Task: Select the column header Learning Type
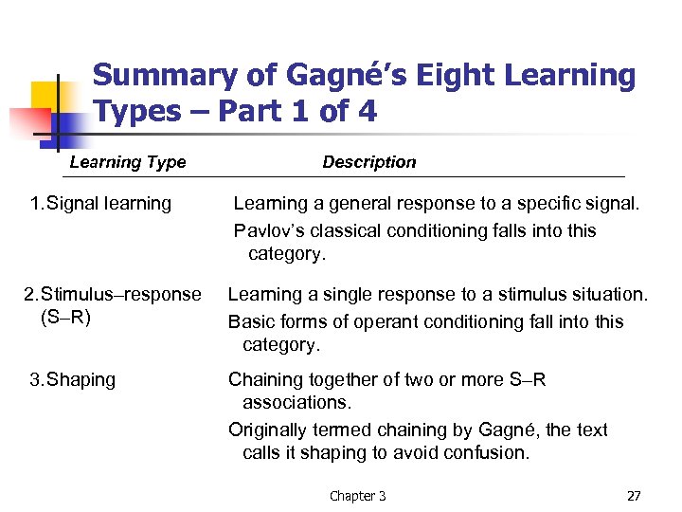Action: click(128, 162)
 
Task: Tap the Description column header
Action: click(368, 162)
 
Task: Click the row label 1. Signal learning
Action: click(100, 203)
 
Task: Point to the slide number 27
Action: click(634, 496)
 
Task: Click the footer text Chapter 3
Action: click(357, 496)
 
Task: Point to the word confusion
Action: click(488, 453)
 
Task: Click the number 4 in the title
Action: click(366, 112)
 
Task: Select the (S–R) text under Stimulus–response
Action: click(65, 318)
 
